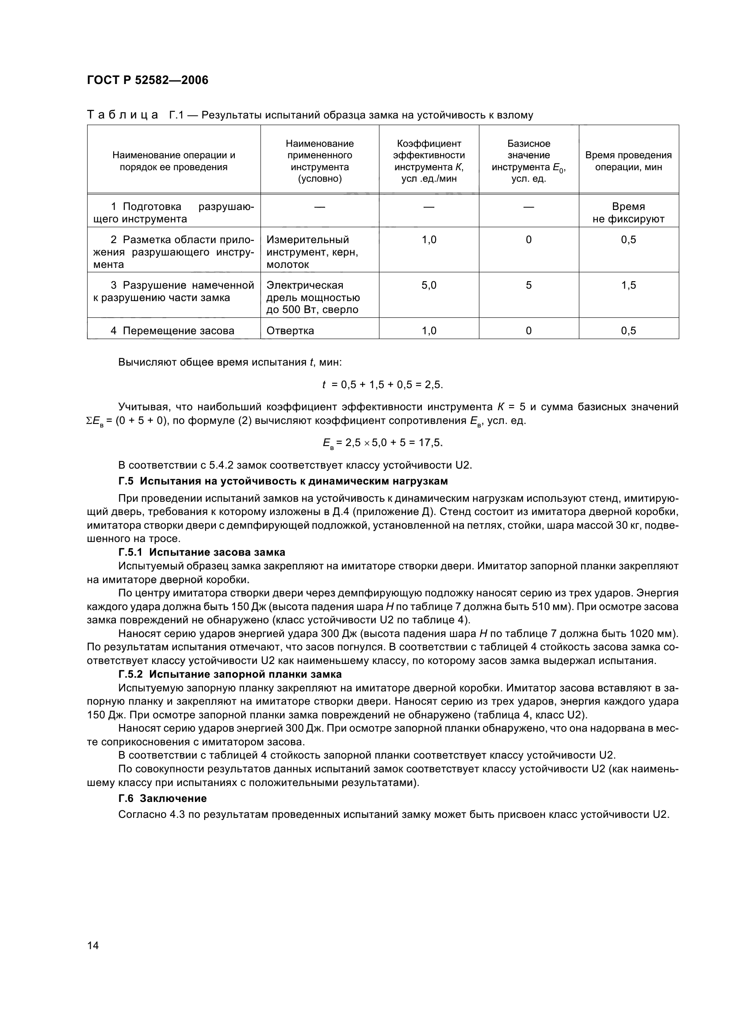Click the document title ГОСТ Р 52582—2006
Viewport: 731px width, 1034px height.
(x=147, y=80)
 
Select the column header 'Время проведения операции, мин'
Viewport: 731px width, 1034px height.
(x=628, y=161)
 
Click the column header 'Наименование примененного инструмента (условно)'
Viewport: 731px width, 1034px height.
(x=319, y=161)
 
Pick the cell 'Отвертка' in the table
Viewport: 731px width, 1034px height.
(x=291, y=331)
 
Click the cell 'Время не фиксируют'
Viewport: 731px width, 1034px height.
(x=628, y=213)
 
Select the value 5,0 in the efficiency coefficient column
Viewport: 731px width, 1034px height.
(x=429, y=285)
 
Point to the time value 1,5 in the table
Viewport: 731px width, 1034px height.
(x=628, y=285)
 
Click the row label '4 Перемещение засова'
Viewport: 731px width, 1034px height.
(x=172, y=331)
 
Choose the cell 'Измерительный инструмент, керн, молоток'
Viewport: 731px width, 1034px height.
(x=312, y=252)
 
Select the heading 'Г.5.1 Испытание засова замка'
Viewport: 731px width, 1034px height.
(x=202, y=552)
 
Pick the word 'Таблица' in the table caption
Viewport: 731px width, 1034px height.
(x=122, y=115)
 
